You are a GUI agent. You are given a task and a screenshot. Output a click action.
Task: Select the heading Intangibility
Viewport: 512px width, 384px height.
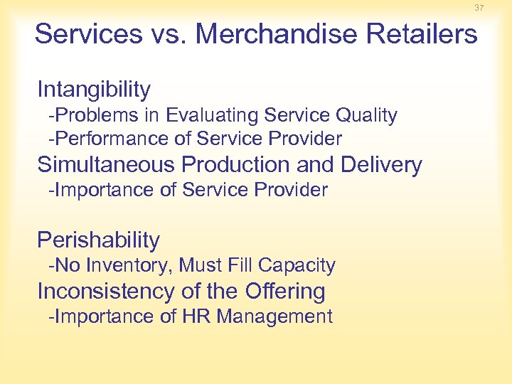tap(94, 90)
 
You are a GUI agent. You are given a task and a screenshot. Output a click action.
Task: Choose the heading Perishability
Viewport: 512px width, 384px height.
tap(98, 240)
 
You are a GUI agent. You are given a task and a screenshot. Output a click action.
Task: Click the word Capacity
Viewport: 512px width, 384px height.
tap(297, 265)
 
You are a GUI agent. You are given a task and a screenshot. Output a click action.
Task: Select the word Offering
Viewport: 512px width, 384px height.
tap(284, 291)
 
